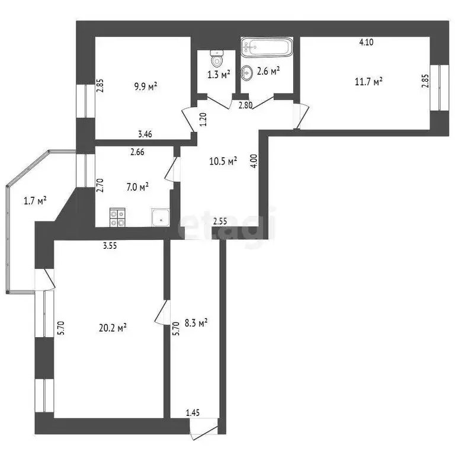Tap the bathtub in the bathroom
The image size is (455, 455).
pos(266,47)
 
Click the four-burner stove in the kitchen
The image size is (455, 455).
pos(117,217)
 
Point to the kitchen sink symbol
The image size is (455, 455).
pos(160,217)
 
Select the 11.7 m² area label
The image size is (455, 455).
pos(369,81)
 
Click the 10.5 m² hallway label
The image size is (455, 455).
pos(224,161)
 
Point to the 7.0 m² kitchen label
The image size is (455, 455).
pos(136,187)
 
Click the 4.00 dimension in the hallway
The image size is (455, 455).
pos(254,162)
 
